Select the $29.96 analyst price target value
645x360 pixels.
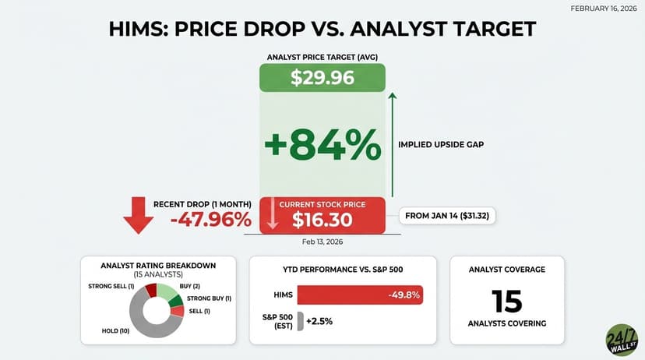click(322, 78)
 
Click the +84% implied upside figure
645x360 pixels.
click(322, 144)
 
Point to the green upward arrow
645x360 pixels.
click(393, 144)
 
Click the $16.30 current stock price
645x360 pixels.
click(322, 221)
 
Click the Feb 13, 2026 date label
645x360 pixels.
click(322, 242)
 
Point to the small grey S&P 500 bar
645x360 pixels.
click(300, 320)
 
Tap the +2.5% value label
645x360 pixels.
click(319, 320)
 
